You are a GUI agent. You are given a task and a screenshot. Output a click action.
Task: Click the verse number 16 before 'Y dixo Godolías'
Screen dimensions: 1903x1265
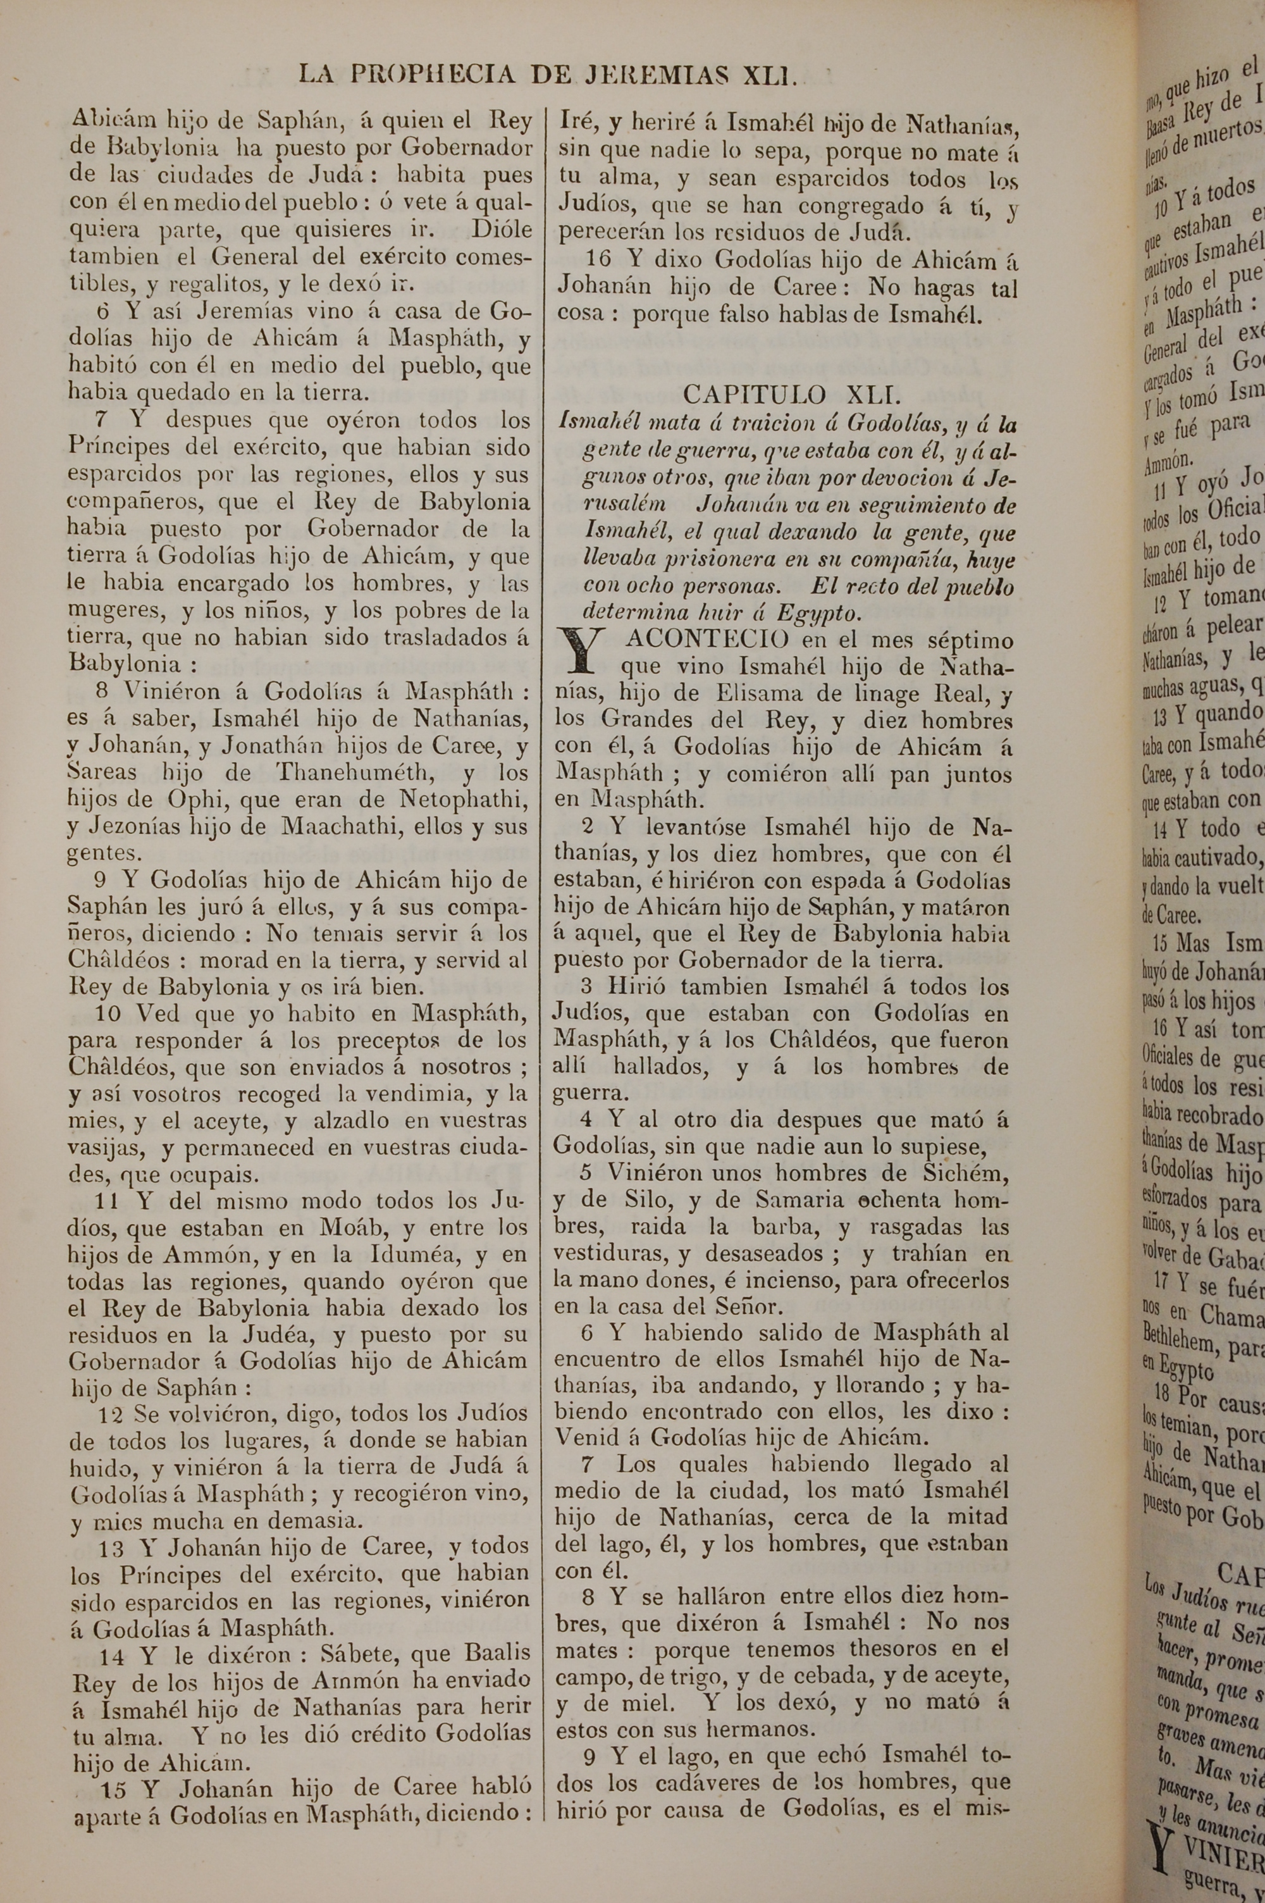(600, 260)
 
